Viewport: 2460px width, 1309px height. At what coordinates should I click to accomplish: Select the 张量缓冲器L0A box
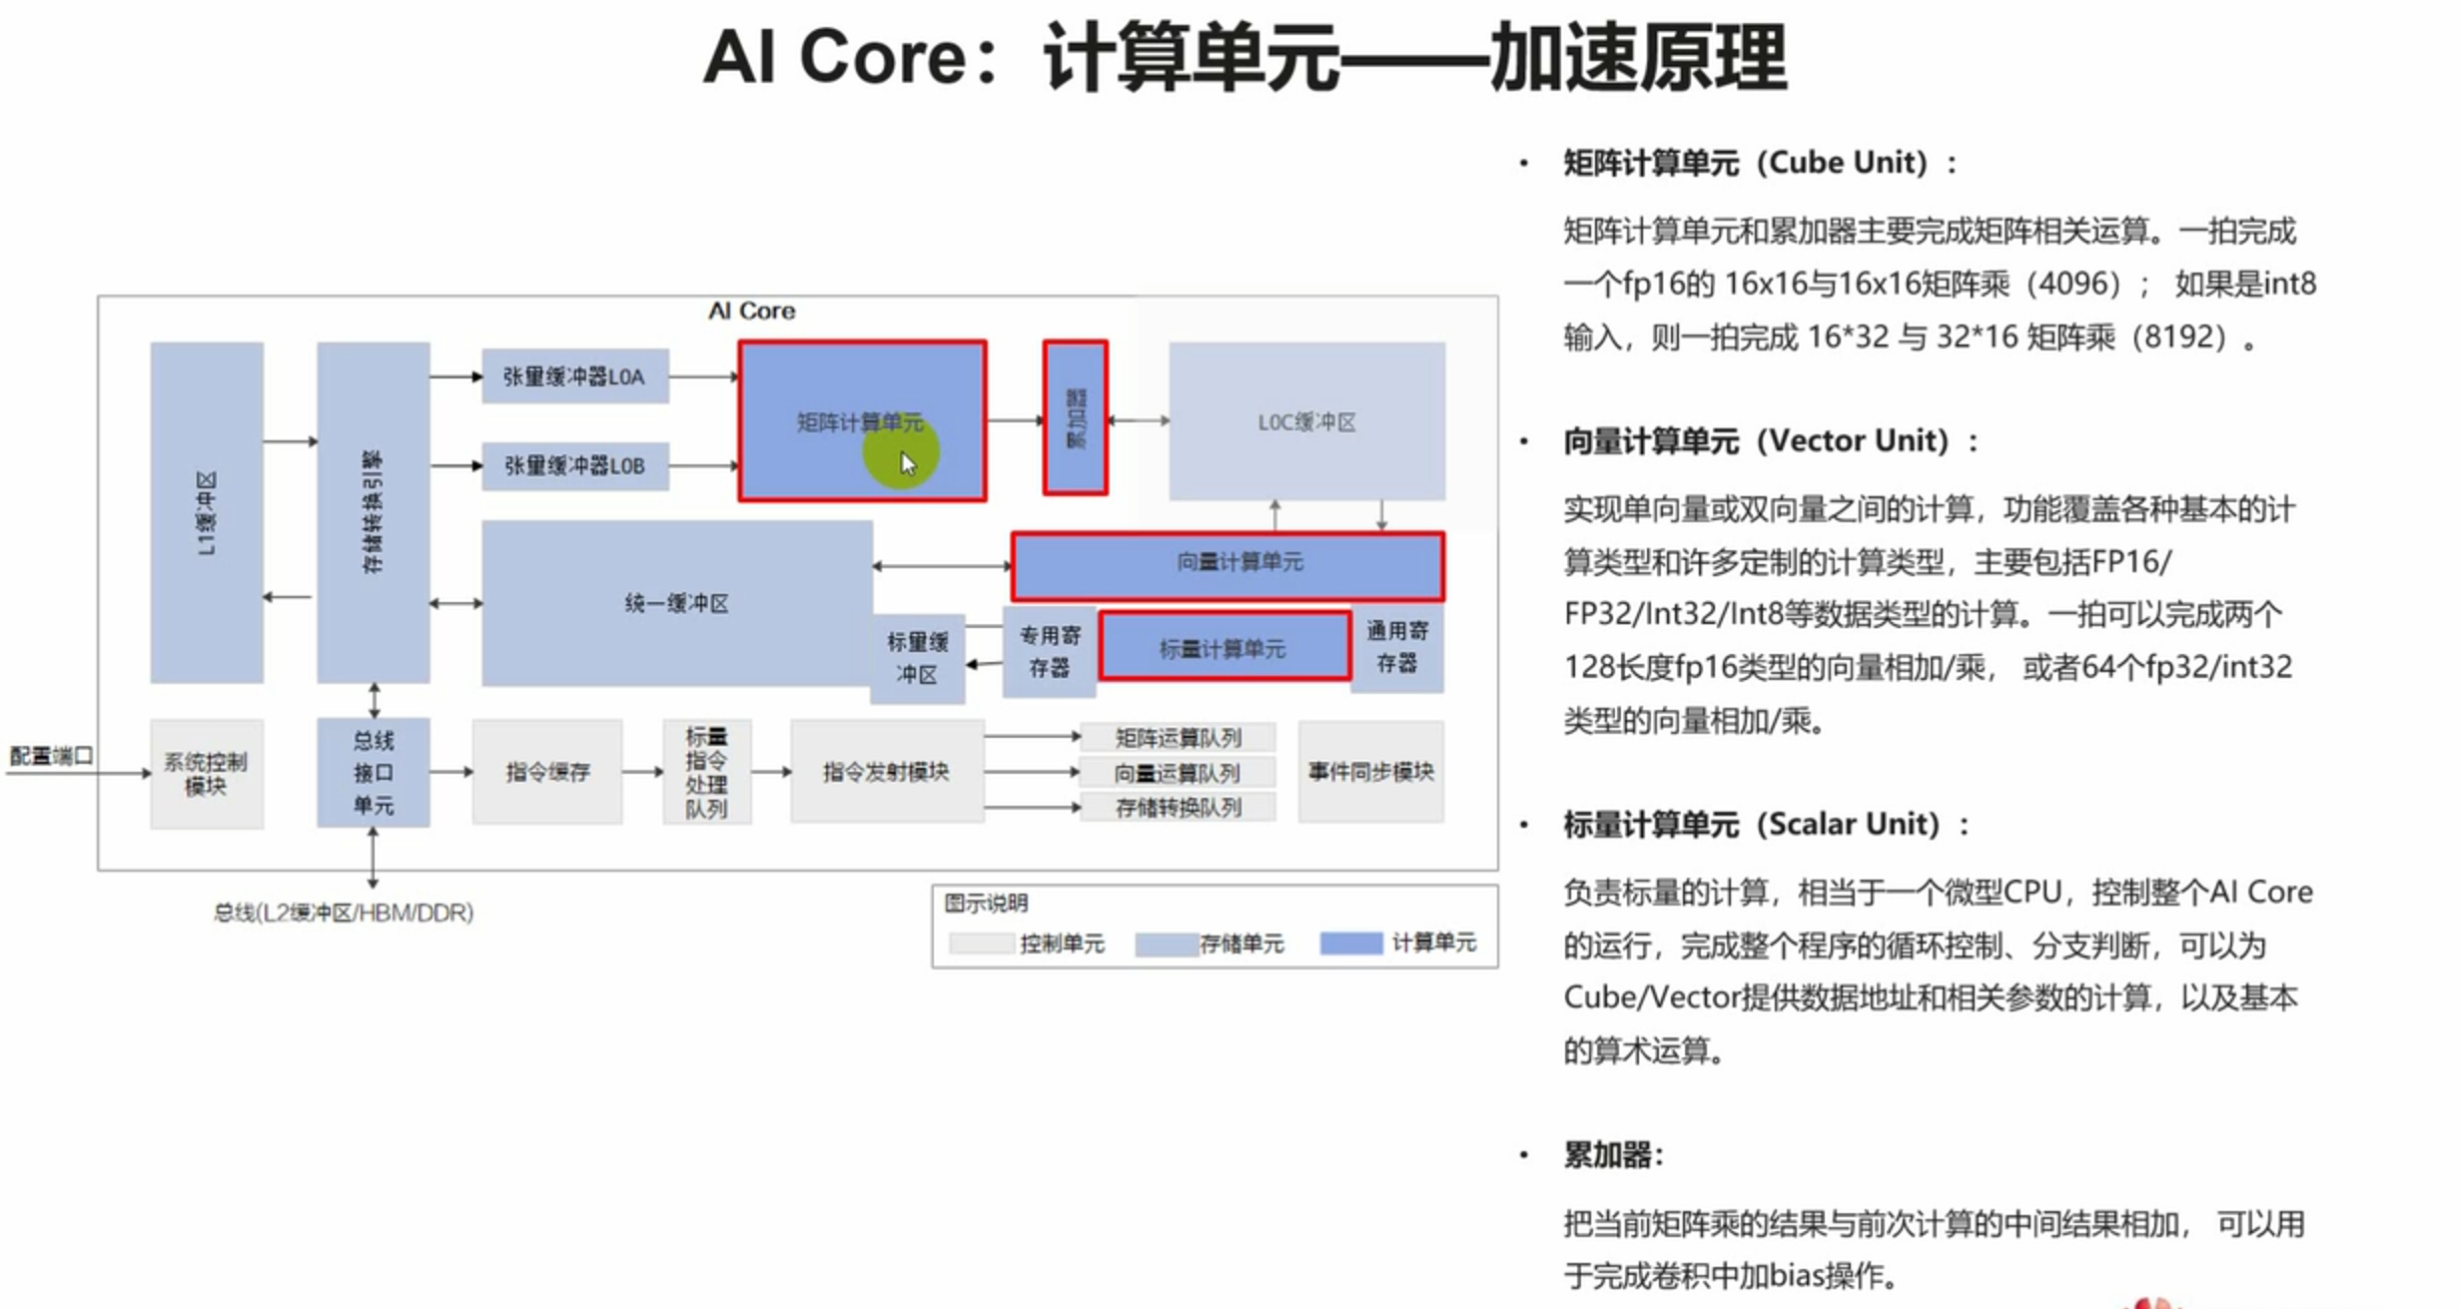[574, 376]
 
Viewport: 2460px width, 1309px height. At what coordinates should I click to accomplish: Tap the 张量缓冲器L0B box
[574, 465]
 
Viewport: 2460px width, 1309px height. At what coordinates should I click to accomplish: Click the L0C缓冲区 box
[1305, 421]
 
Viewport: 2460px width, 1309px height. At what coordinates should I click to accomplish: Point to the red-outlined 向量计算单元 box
[1228, 565]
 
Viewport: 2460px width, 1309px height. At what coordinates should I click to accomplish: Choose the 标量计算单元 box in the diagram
[1225, 648]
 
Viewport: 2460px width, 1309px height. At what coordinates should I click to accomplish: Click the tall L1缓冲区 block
[207, 512]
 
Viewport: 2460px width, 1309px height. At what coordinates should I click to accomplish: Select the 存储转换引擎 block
[373, 512]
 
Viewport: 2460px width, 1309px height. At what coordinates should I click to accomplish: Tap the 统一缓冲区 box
[676, 603]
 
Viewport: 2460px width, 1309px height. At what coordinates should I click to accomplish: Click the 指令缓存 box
[547, 772]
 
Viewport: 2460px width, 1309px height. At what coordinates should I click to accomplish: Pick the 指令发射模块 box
[886, 772]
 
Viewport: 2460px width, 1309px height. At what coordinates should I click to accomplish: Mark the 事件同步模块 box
[1370, 772]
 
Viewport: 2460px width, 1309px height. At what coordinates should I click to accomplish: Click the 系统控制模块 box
[206, 774]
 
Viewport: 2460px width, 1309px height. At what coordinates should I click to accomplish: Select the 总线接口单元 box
[373, 772]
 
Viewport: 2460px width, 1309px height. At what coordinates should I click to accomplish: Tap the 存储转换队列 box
[1178, 807]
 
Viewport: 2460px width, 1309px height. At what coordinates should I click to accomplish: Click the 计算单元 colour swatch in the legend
[1350, 943]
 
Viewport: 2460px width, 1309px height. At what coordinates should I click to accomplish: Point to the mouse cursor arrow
[907, 463]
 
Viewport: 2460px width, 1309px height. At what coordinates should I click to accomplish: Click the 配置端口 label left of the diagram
[51, 756]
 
